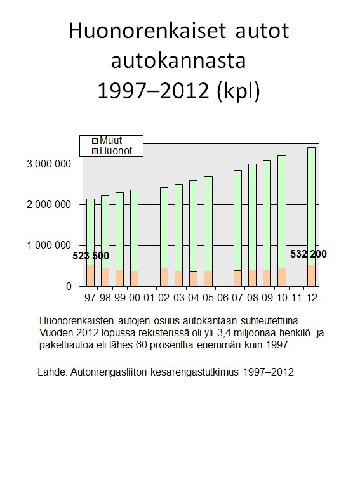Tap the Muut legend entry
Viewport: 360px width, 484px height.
(107, 140)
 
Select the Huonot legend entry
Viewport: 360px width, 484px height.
(112, 150)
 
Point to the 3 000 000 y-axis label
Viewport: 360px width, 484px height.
(49, 164)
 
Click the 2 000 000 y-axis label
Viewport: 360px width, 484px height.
(49, 204)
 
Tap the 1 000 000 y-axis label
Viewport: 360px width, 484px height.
(49, 245)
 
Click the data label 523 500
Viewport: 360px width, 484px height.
(91, 256)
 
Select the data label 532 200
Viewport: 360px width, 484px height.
(309, 254)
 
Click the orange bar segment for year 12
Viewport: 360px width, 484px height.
(312, 275)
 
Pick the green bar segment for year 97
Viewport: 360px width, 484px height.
(90, 232)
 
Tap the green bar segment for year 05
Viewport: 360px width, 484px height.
(208, 224)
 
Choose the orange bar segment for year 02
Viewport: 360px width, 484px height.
(164, 277)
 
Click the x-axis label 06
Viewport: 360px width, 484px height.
(223, 298)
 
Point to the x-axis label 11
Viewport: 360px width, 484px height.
(297, 298)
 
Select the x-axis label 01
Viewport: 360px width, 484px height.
(149, 298)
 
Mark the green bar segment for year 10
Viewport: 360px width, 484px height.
(282, 212)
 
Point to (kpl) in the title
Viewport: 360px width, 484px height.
(238, 91)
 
